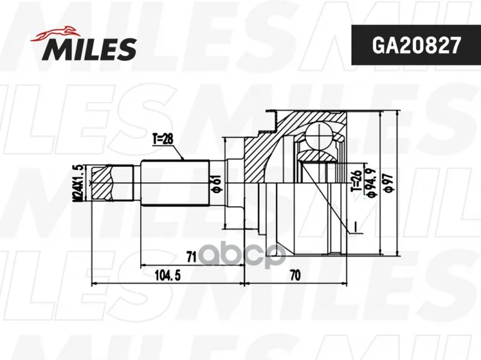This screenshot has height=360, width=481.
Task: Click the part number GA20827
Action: [x=416, y=46]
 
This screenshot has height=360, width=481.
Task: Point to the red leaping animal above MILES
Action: [x=55, y=34]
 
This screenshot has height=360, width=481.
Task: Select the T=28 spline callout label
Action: [x=162, y=139]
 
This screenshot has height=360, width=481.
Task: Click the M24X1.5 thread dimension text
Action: [x=78, y=183]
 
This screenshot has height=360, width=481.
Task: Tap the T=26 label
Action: [x=357, y=182]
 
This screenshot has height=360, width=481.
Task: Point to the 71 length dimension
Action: [x=191, y=257]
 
